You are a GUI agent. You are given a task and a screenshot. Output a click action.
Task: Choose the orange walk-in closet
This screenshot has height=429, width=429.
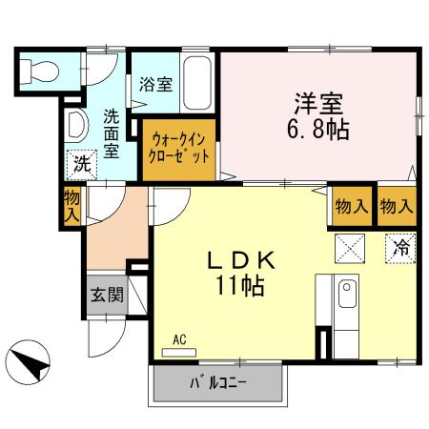(x=179, y=149)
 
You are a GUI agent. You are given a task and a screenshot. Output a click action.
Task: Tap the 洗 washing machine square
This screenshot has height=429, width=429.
(x=81, y=163)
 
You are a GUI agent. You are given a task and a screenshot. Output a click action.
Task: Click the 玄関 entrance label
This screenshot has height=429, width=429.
(x=107, y=295)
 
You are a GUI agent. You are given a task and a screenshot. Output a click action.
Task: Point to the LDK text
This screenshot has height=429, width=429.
(x=243, y=259)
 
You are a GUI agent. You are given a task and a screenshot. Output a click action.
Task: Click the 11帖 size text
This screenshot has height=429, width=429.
(x=243, y=284)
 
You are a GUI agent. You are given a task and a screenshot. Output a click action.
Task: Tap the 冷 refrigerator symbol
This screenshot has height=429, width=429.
(x=400, y=248)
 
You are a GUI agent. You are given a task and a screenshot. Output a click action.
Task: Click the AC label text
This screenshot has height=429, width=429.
(x=179, y=338)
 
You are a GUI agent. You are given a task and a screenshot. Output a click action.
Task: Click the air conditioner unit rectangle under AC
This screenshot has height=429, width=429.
(x=179, y=352)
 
